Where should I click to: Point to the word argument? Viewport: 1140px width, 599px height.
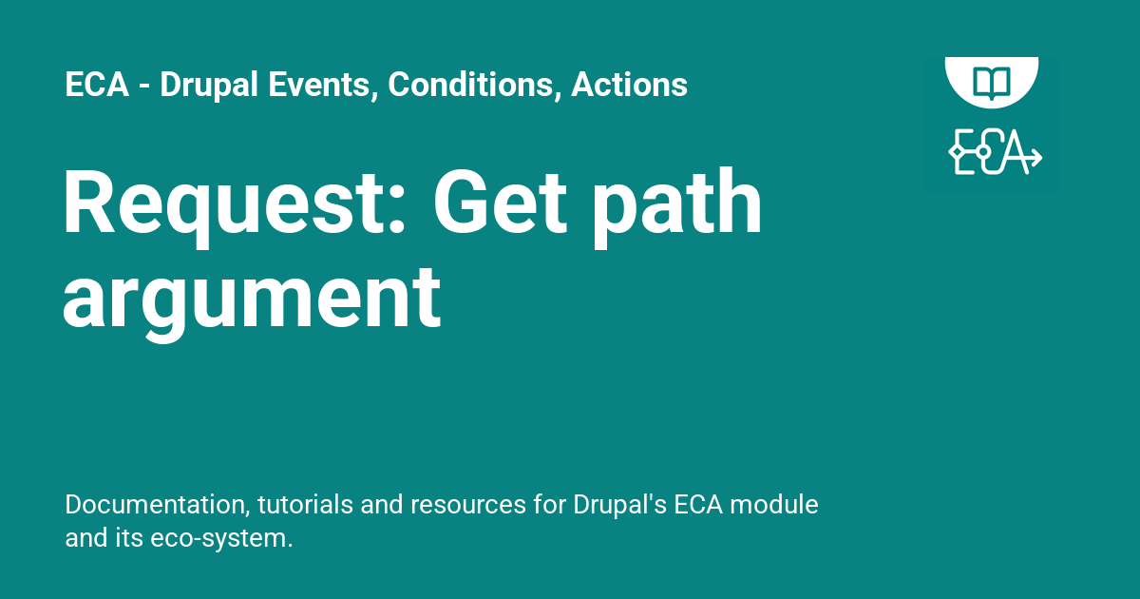[x=252, y=299]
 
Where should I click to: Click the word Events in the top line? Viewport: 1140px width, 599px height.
[x=311, y=86]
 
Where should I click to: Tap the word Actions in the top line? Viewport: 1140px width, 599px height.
[x=629, y=86]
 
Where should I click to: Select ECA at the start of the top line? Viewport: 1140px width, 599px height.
[x=98, y=86]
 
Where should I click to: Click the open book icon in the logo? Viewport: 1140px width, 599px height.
[x=992, y=80]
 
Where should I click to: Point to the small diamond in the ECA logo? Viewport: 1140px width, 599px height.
[x=955, y=153]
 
